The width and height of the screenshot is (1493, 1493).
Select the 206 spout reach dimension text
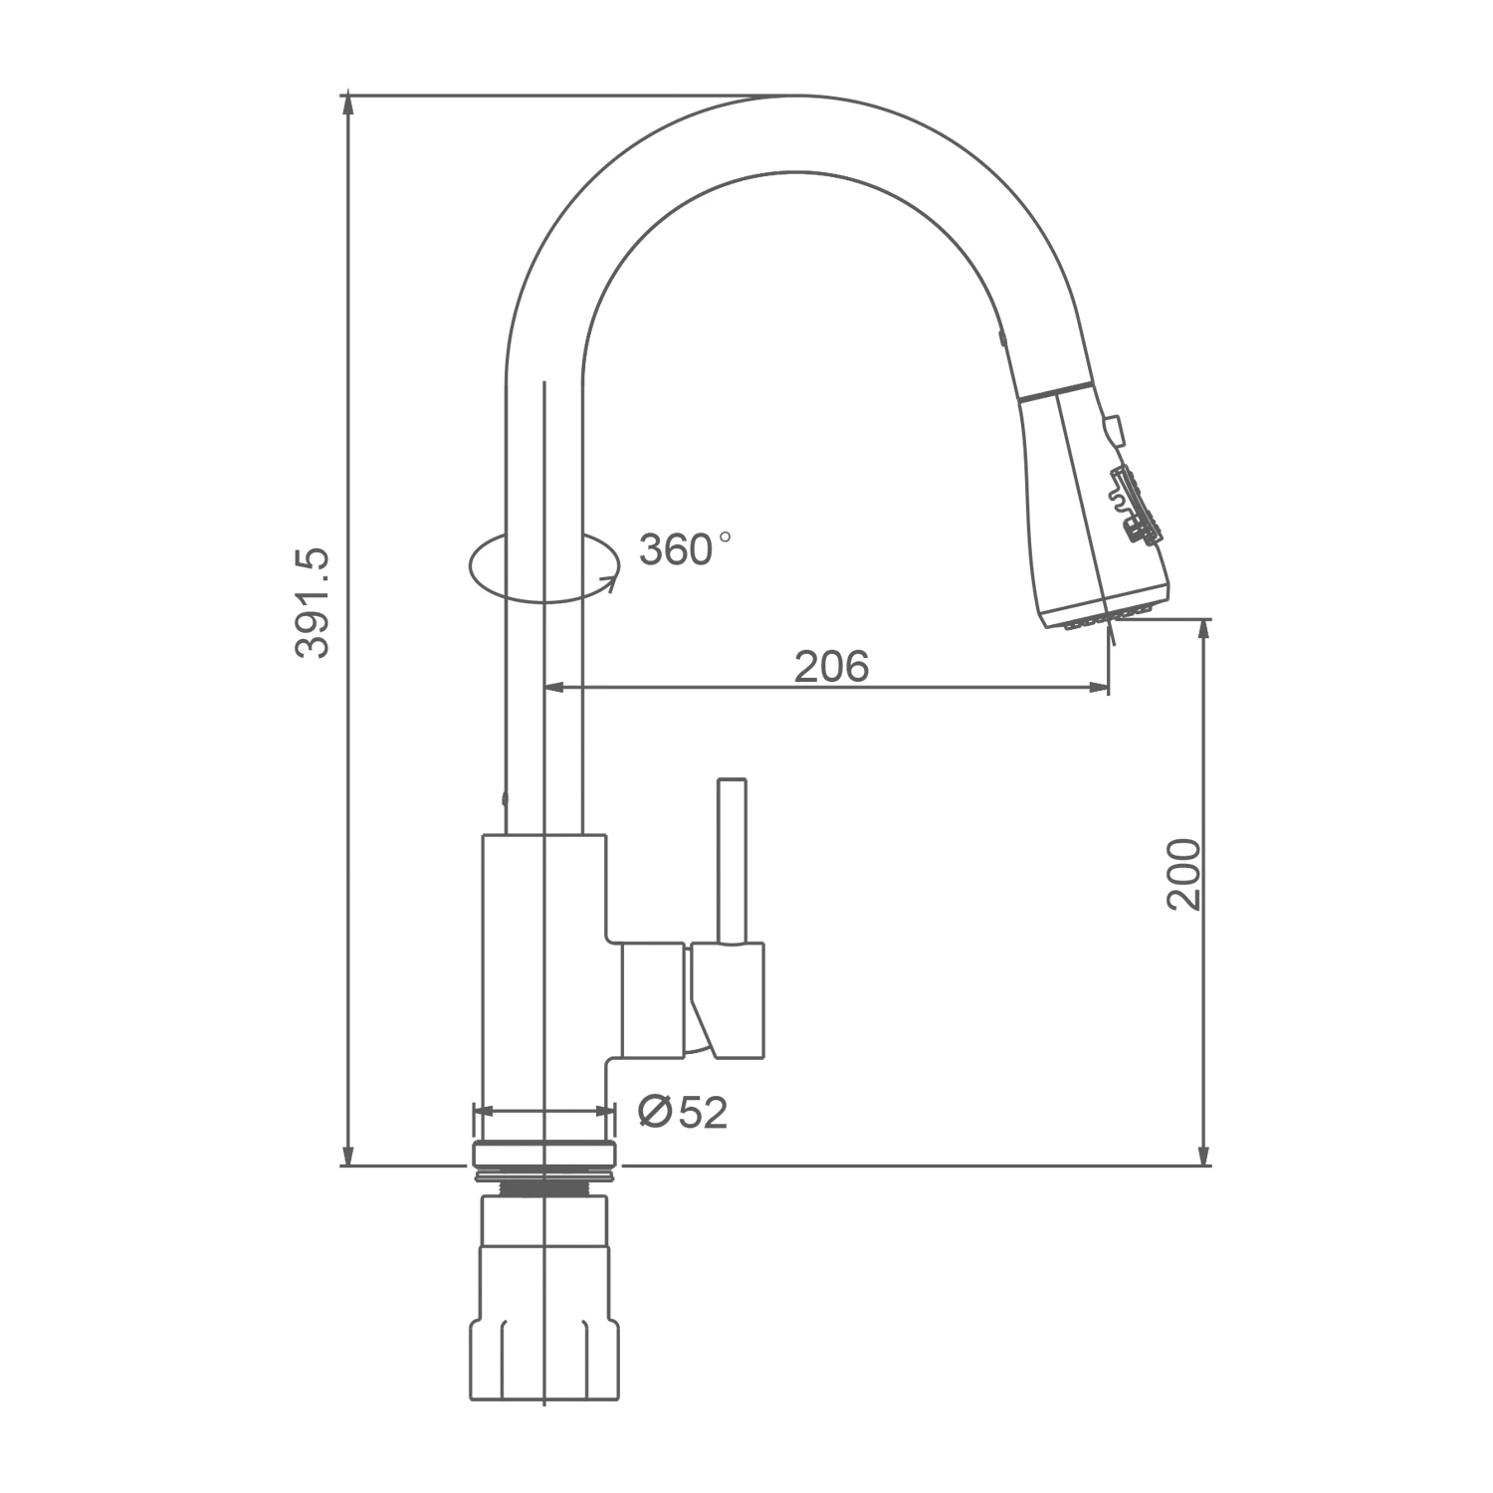tap(831, 666)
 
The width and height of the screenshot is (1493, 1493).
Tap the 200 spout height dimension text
tap(1184, 874)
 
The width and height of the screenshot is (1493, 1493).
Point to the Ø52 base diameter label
tap(683, 1112)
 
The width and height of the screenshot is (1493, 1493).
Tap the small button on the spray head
tap(1112, 431)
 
